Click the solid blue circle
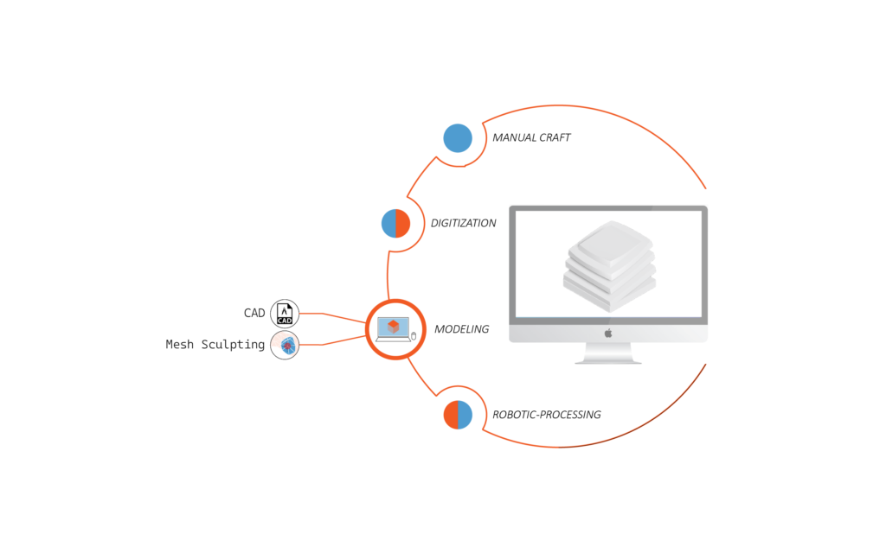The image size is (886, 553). click(458, 138)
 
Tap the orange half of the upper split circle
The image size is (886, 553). click(402, 224)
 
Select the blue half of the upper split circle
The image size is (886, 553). click(388, 224)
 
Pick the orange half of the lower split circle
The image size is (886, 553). click(451, 416)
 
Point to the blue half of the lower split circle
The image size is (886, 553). click(465, 416)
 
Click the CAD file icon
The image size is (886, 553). click(285, 314)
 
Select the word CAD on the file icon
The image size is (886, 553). click(285, 320)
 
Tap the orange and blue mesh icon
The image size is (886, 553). click(285, 345)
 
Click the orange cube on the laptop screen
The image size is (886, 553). click(394, 327)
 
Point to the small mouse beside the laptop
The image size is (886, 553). click(414, 335)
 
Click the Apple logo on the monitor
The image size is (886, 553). click(608, 333)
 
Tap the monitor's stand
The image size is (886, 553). click(608, 353)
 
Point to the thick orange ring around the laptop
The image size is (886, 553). click(369, 328)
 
